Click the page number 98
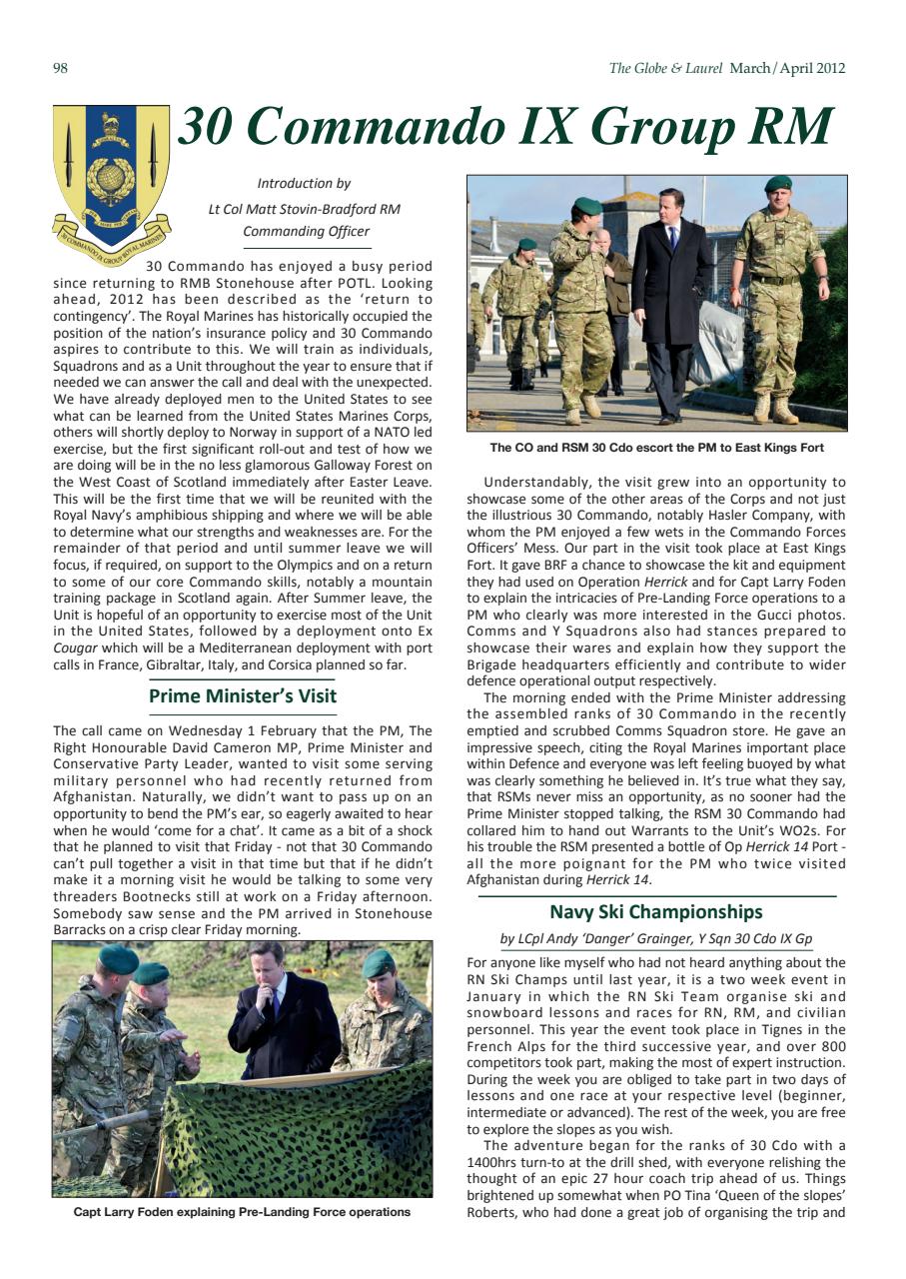(x=59, y=69)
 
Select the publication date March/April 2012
(x=787, y=69)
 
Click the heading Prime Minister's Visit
(x=243, y=695)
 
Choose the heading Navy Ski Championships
(x=655, y=911)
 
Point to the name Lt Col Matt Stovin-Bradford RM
(x=304, y=209)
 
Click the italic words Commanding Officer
(x=306, y=232)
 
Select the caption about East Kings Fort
(x=656, y=448)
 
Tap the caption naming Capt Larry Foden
(x=242, y=1212)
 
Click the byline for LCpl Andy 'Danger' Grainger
(x=655, y=939)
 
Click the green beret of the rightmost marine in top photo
(x=777, y=184)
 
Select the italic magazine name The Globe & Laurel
(x=665, y=69)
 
